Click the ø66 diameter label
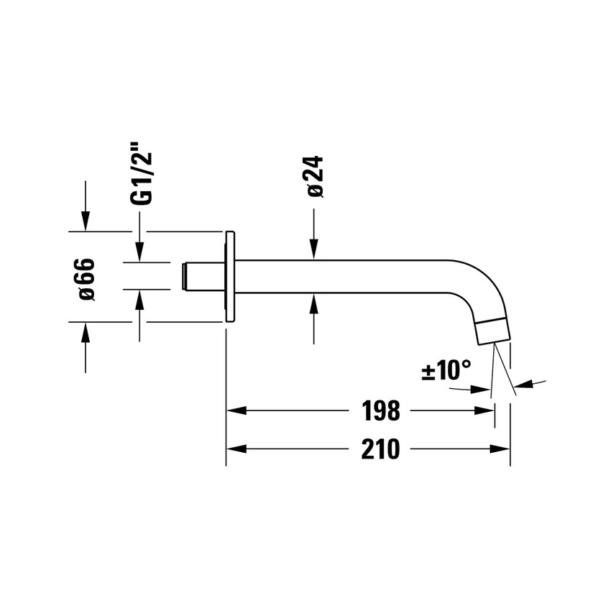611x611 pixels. click(x=86, y=278)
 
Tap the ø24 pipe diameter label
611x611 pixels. click(x=315, y=177)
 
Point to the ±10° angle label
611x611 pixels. click(x=446, y=371)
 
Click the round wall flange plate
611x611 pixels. click(x=230, y=277)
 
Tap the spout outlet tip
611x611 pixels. click(x=493, y=331)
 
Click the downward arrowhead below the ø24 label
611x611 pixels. click(x=314, y=251)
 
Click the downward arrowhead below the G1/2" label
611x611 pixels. click(x=139, y=252)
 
